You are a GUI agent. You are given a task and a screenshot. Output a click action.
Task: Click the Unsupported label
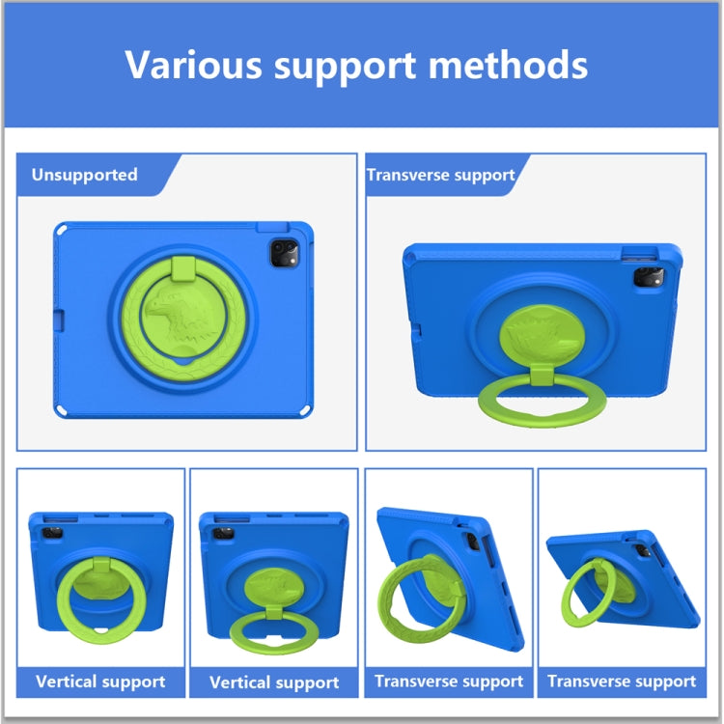[84, 175]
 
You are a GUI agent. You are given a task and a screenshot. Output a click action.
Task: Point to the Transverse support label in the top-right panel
[440, 175]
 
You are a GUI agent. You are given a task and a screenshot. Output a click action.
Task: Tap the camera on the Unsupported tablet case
[285, 254]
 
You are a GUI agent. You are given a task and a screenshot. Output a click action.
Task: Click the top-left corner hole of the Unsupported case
[62, 231]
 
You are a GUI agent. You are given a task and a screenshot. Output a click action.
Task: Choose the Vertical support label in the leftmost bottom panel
[100, 682]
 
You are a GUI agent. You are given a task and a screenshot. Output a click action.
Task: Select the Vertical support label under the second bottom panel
[274, 682]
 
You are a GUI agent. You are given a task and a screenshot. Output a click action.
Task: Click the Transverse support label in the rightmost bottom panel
[622, 682]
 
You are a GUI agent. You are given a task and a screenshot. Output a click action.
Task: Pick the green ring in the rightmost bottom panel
[582, 592]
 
